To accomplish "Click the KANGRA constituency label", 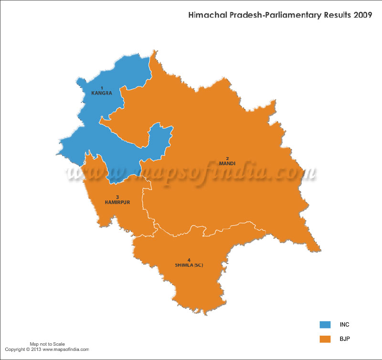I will pos(101,93).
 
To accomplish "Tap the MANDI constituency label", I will pos(227,164).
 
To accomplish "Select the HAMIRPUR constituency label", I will pos(117,202).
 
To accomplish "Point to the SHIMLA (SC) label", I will pos(189,265).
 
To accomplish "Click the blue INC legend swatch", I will pos(325,325).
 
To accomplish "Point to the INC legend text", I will pos(345,325).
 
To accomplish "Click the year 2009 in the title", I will pos(364,16).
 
